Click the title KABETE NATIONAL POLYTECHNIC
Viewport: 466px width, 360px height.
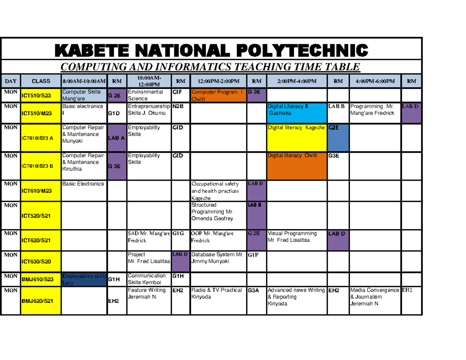[212, 50]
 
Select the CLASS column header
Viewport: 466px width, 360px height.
[41, 81]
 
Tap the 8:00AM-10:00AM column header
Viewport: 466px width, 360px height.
[83, 81]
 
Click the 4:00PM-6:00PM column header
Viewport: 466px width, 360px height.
[375, 81]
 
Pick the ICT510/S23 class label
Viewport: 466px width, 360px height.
[41, 96]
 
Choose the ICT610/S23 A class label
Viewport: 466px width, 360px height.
[41, 138]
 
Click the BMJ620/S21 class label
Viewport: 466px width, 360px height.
[41, 301]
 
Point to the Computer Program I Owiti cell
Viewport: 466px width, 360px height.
[218, 96]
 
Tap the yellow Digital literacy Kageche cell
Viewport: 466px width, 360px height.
[297, 137]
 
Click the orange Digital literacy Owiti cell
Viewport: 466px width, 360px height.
[297, 165]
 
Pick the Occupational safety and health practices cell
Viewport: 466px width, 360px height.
[218, 191]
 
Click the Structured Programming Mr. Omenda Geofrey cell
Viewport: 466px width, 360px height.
[218, 212]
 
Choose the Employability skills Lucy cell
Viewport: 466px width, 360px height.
[83, 279]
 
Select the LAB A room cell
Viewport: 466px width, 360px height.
[116, 138]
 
